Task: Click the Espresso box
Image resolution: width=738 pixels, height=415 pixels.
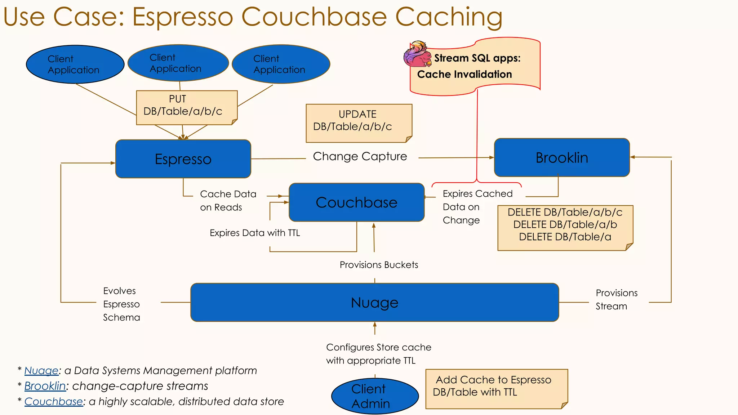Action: pos(183,159)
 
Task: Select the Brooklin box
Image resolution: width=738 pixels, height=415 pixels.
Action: pos(561,158)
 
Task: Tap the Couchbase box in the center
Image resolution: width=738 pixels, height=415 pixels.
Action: pos(356,202)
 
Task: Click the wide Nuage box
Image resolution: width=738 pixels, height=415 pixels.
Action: pos(374,303)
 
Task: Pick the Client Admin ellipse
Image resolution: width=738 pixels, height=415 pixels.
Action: pos(375,396)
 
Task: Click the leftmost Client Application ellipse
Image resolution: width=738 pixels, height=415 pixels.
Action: pos(75,64)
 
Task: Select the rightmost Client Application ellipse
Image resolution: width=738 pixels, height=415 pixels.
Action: pos(281,64)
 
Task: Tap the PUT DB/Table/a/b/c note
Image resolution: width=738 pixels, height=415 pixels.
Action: pos(186,107)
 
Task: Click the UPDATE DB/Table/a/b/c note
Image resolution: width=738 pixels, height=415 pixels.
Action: pos(358,123)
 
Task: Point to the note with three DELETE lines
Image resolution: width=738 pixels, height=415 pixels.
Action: pos(565,228)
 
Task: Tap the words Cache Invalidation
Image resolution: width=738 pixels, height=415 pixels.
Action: pos(464,75)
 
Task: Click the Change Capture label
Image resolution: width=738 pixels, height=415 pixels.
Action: pos(360,157)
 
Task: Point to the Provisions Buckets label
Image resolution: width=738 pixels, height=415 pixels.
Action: pos(379,265)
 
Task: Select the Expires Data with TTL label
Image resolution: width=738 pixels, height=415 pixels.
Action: pos(255,233)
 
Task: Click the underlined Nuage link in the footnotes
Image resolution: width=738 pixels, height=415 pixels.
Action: pos(41,371)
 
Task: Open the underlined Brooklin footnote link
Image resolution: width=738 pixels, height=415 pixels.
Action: pos(45,386)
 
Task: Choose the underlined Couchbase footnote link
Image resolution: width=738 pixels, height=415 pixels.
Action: pos(53,402)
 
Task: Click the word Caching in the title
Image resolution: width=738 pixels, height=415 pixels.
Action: pos(448,17)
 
